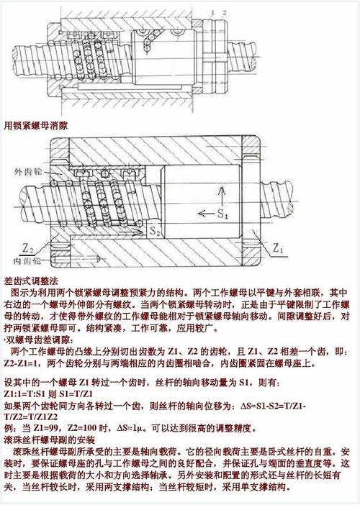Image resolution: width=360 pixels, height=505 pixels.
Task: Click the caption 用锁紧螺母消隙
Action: coord(36,124)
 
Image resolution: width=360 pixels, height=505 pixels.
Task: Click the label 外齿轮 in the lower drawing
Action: coord(27,173)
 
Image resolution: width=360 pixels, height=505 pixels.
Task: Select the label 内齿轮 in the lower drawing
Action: coord(27,259)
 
